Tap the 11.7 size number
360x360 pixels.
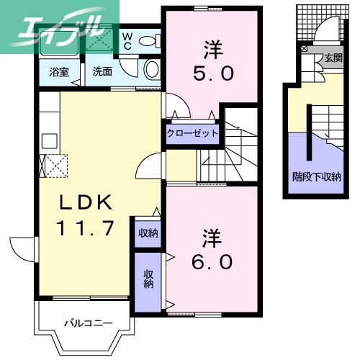pos(85,228)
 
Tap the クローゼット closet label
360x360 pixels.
pos(193,133)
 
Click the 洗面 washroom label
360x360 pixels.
pos(102,72)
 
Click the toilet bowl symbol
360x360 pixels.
pos(153,69)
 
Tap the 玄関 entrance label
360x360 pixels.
pos(332,58)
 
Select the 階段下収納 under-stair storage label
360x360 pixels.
pos(316,176)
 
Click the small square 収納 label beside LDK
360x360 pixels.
pos(149,232)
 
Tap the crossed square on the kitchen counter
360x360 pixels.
pos(55,165)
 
